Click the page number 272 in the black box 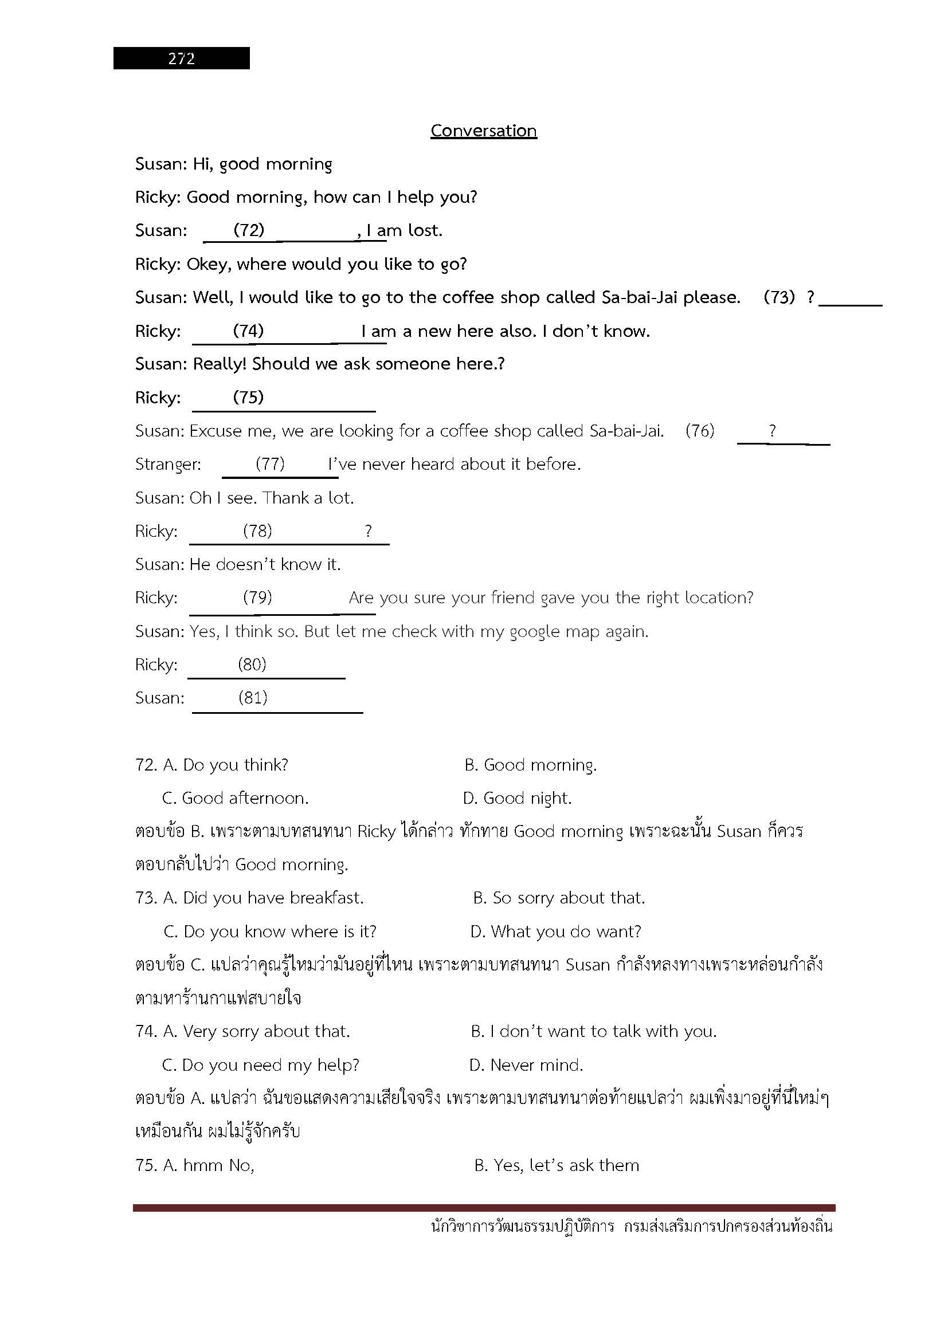181,58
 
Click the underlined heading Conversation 483,131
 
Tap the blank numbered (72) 249,230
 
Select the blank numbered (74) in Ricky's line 249,332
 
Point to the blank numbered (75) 249,398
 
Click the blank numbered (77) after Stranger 271,464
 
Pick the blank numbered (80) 252,665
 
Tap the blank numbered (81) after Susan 253,698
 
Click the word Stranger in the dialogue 168,465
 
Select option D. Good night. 517,799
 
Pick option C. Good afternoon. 235,799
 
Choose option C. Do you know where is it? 271,932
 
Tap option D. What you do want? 556,932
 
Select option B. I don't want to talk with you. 594,1032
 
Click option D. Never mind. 526,1065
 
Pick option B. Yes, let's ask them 557,1165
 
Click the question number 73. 146,898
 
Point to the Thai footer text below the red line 632,1226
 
